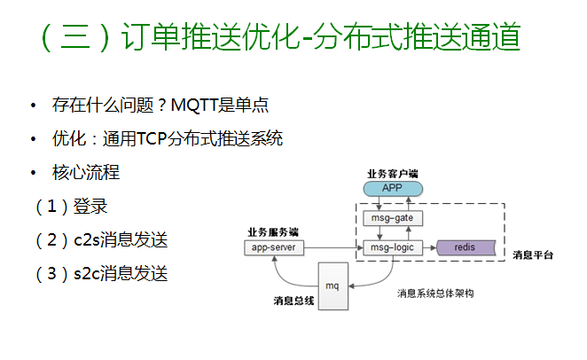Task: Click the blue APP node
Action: [393, 189]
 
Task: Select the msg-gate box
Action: [393, 218]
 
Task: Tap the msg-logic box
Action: [393, 247]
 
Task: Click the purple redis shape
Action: [466, 247]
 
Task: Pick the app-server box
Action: [274, 247]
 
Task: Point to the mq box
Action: [333, 286]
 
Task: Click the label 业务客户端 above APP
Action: [392, 174]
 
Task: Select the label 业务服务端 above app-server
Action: [273, 232]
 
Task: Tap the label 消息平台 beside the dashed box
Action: [533, 255]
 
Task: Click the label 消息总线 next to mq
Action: [293, 301]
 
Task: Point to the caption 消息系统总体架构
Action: [435, 293]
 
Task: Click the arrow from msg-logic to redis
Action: [429, 247]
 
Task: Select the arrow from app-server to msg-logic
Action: [333, 247]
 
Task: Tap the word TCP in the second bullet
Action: [152, 139]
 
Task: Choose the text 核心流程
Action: [86, 173]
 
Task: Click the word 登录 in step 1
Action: [90, 207]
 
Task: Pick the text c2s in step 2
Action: [87, 240]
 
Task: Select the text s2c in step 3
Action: [87, 274]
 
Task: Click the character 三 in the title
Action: [75, 36]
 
